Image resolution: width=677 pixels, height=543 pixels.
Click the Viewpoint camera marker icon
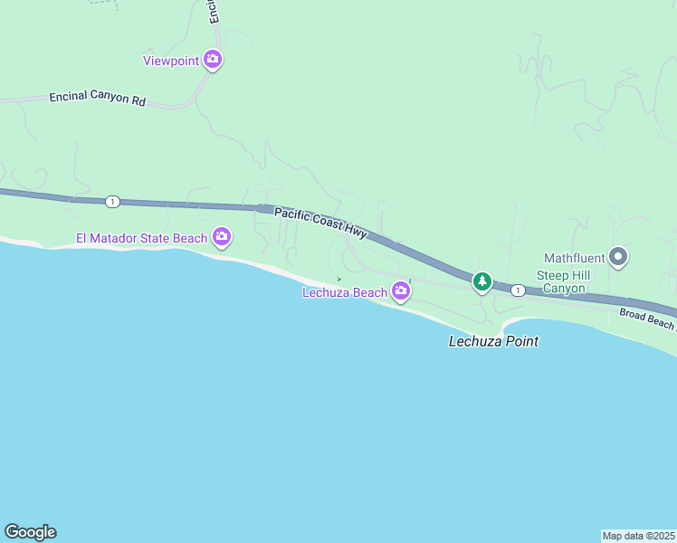coord(213,61)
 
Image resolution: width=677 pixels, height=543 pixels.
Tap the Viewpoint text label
coord(171,62)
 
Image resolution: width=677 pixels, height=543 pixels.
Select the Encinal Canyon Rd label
coord(98,100)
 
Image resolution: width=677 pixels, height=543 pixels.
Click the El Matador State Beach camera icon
coord(222,238)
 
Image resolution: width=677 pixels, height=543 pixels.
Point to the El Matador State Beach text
coord(141,239)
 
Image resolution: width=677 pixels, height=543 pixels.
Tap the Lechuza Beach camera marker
coord(401,291)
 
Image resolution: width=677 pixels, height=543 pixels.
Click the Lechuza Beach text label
coord(346,292)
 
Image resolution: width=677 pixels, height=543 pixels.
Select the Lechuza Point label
coord(494,341)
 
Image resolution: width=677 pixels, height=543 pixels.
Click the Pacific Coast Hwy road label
coord(320,223)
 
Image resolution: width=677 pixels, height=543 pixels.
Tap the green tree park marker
coord(482,282)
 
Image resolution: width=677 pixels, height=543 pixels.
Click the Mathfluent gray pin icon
coord(619,258)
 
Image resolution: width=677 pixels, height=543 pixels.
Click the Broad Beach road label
coord(646,320)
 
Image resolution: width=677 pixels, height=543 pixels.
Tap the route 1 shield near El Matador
coord(111,202)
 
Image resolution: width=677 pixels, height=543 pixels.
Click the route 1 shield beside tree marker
coord(517,290)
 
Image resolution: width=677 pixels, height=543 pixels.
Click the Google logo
coord(30,532)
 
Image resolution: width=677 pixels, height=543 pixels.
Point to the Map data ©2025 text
coord(639,536)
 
